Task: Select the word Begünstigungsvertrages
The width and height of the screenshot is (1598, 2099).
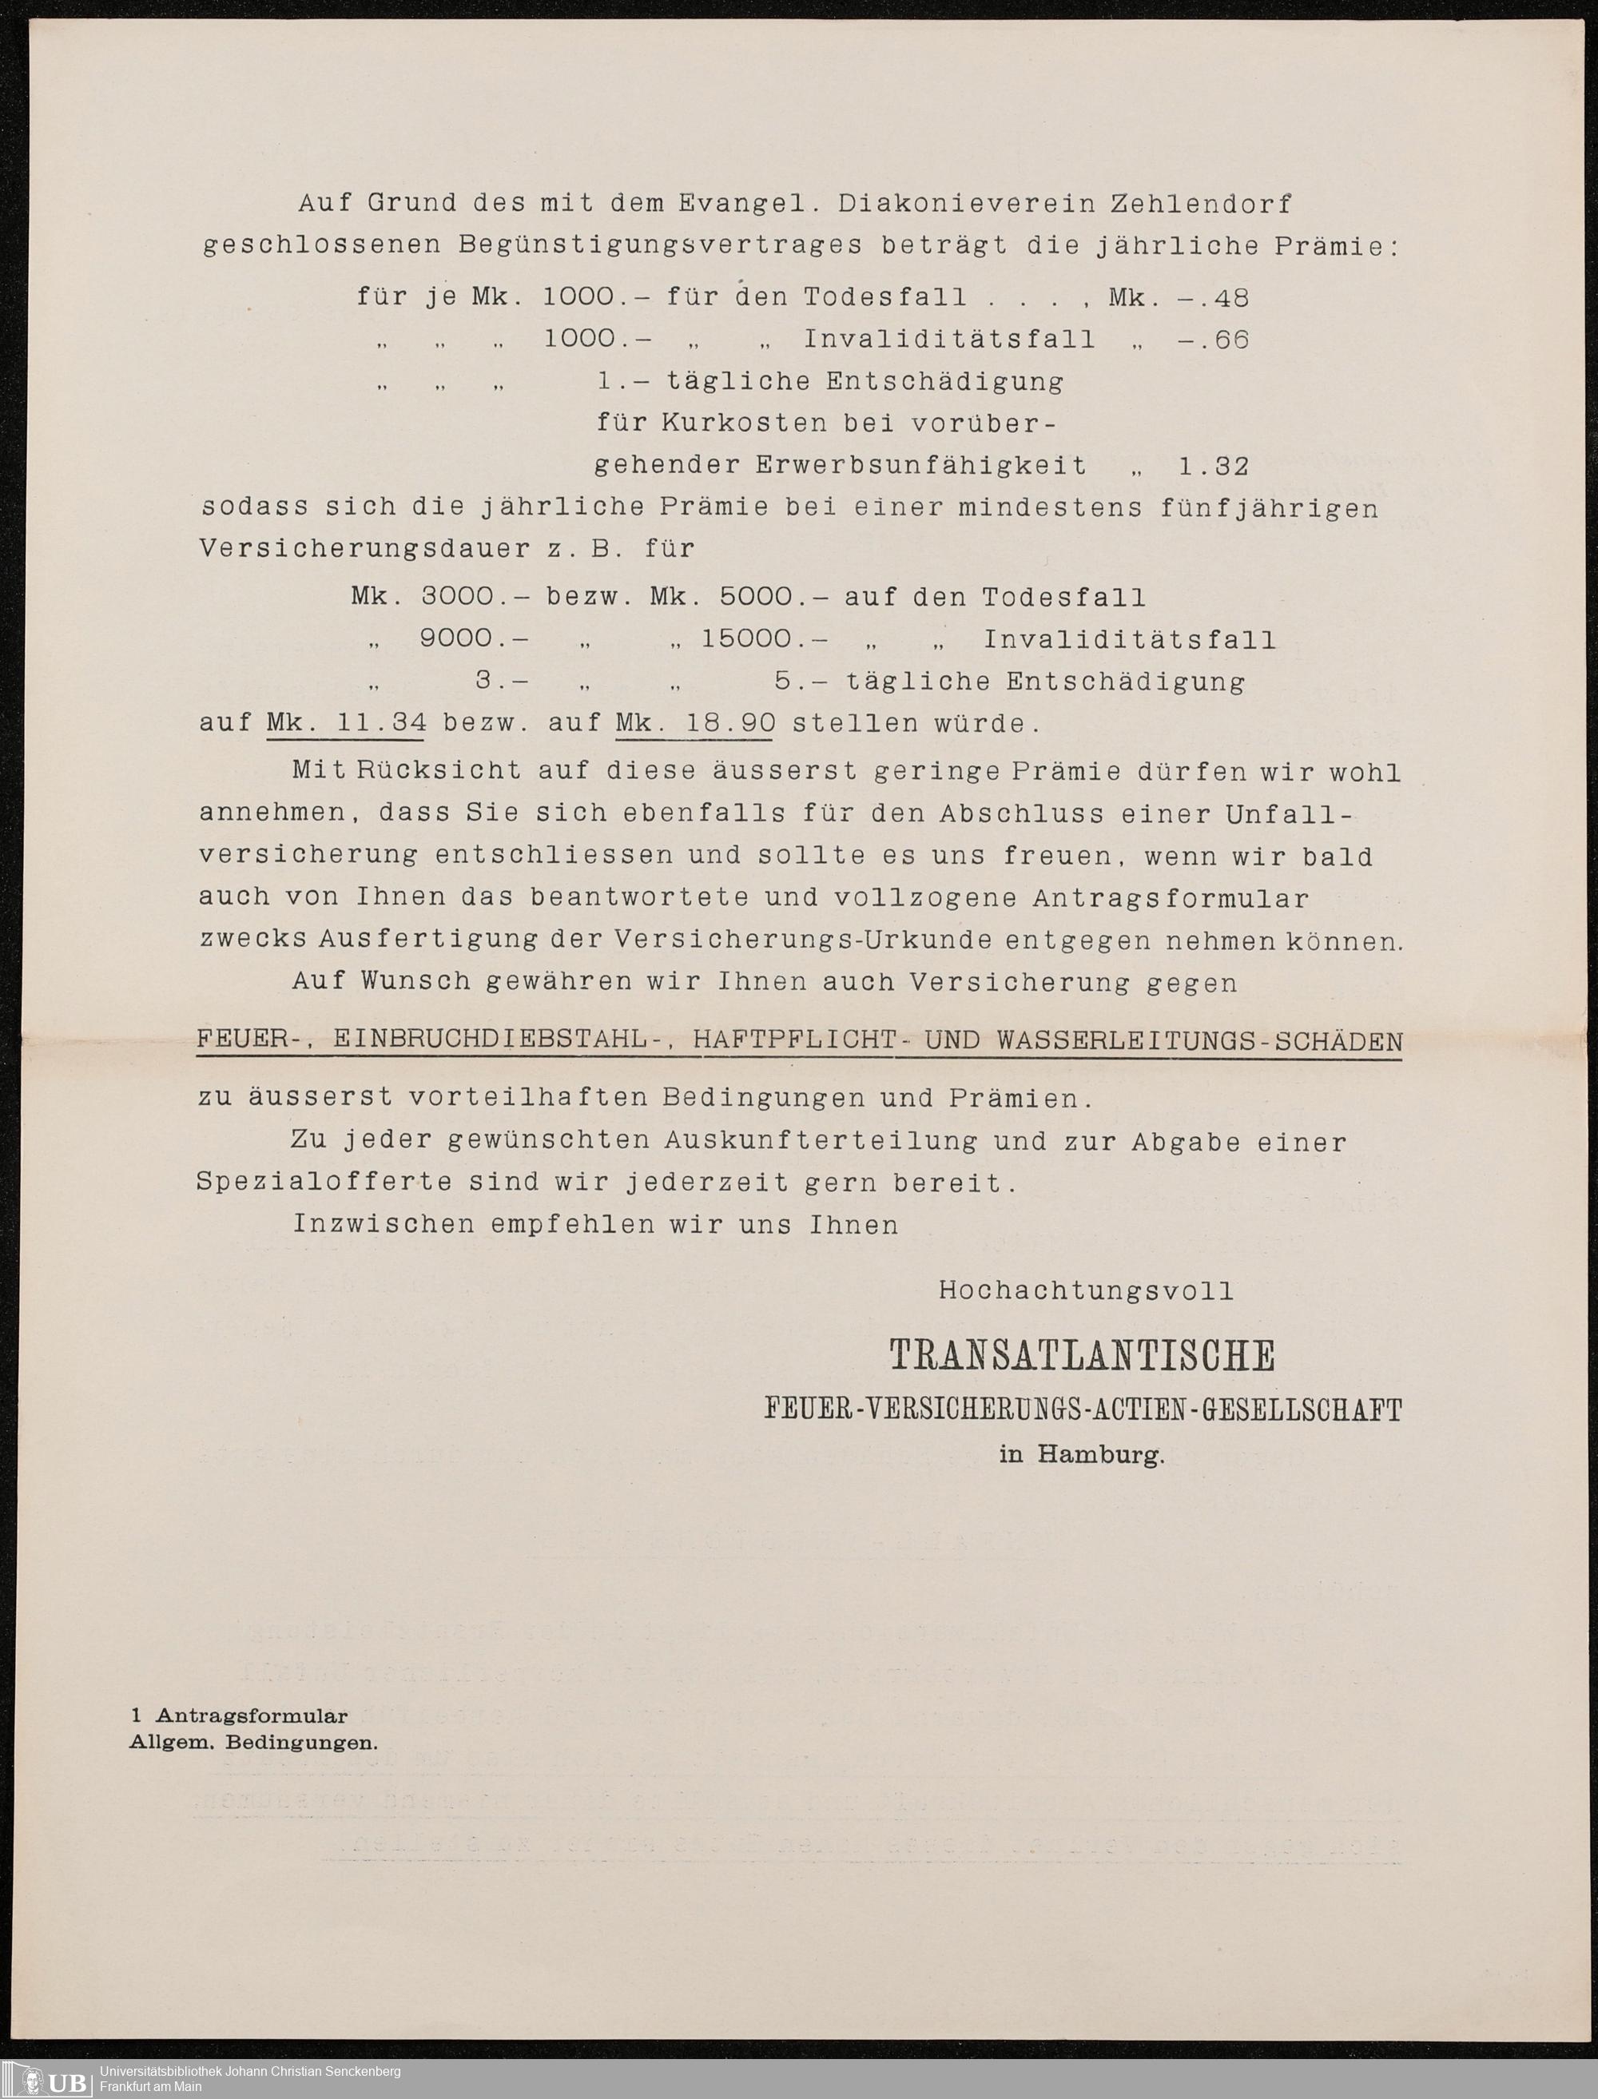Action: click(x=661, y=246)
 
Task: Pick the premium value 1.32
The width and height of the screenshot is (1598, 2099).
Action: click(x=1213, y=466)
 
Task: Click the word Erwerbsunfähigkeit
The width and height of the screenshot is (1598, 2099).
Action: click(x=920, y=466)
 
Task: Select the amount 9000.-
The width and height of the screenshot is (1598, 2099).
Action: click(x=473, y=639)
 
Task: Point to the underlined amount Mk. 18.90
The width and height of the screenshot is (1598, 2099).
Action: click(x=695, y=724)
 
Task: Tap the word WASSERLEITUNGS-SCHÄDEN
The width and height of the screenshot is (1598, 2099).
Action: click(x=1199, y=1040)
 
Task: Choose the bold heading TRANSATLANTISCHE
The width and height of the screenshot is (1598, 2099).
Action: click(x=1082, y=1355)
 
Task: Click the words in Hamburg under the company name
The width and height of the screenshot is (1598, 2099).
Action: click(x=1082, y=1454)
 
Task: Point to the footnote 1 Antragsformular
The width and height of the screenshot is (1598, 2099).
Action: click(x=240, y=1716)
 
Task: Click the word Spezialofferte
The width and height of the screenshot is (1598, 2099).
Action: click(x=324, y=1183)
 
